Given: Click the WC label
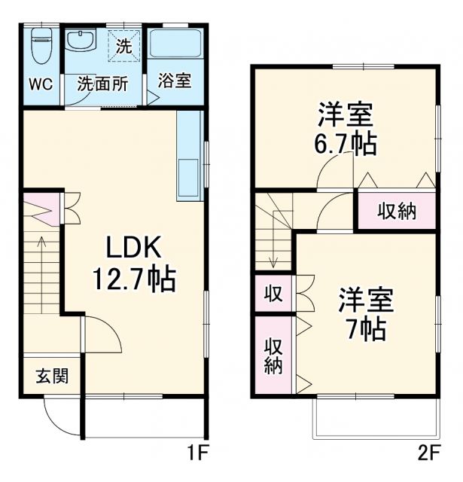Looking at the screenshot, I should click(x=41, y=84).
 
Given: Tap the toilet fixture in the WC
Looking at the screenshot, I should click(x=41, y=46).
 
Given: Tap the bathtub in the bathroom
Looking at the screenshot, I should click(x=175, y=46).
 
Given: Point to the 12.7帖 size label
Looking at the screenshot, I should click(x=133, y=280).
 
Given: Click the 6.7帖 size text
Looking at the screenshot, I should click(x=345, y=143).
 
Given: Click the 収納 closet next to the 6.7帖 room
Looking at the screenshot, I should click(x=396, y=212).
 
